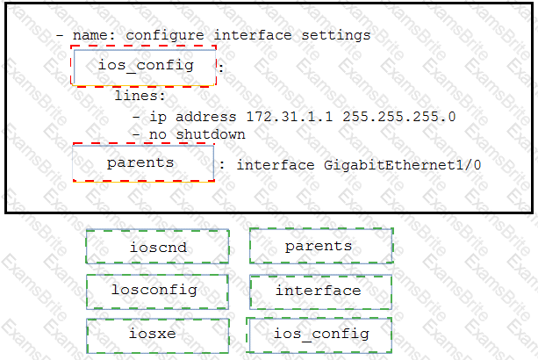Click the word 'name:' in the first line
[94, 35]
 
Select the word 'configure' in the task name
[165, 36]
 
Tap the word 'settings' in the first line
[336, 36]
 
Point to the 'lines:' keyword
[140, 96]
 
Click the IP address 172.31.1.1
[290, 117]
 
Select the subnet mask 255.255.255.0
[399, 117]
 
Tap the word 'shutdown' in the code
[211, 134]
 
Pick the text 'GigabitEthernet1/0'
[402, 165]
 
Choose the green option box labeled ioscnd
[157, 247]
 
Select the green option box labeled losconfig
[157, 292]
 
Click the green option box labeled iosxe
[157, 335]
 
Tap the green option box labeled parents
[321, 246]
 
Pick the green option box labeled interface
[321, 292]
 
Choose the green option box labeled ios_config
[319, 335]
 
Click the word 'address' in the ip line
[206, 117]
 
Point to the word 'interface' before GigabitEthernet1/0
[276, 165]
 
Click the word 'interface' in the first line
[253, 35]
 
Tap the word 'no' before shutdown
[157, 135]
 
